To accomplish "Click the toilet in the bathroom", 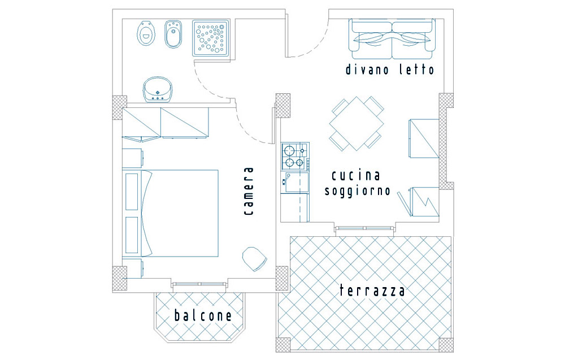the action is pyautogui.click(x=146, y=33).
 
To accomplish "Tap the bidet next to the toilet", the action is pyautogui.click(x=173, y=34).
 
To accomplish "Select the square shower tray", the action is pyautogui.click(x=211, y=38).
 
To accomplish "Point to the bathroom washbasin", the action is pyautogui.click(x=158, y=89).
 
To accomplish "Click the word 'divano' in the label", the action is pyautogui.click(x=367, y=69).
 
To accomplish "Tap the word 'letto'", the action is pyautogui.click(x=416, y=69).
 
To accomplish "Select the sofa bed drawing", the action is pyautogui.click(x=392, y=39).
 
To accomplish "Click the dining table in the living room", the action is pyautogui.click(x=357, y=124).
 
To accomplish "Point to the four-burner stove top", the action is pyautogui.click(x=295, y=157).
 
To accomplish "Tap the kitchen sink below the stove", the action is pyautogui.click(x=295, y=183).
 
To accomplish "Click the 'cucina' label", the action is pyautogui.click(x=355, y=176).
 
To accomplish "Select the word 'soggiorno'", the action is pyautogui.click(x=358, y=190).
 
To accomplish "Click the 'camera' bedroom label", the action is pyautogui.click(x=248, y=191).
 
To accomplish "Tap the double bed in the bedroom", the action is pyautogui.click(x=172, y=213).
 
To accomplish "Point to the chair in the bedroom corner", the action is pyautogui.click(x=254, y=259).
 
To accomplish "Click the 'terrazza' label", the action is pyautogui.click(x=372, y=290).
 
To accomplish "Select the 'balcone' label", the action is pyautogui.click(x=203, y=315).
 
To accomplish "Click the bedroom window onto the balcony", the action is pyautogui.click(x=199, y=285).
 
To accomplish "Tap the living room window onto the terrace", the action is pyautogui.click(x=364, y=228).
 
